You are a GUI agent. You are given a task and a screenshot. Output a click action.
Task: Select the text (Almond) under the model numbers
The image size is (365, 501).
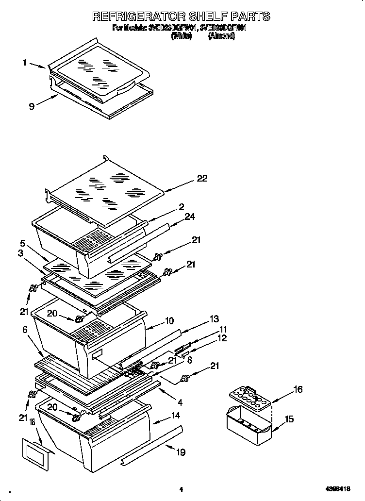221,36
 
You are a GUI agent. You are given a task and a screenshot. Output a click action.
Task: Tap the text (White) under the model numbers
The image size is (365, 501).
182,36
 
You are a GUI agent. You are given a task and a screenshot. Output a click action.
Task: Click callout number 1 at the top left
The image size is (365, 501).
25,62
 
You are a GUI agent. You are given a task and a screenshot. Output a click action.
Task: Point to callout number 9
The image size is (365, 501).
32,106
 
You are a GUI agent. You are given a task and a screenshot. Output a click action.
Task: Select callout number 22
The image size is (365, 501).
202,179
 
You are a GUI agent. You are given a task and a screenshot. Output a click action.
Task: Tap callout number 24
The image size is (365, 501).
190,217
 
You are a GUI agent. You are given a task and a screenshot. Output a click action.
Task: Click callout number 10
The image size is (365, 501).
169,321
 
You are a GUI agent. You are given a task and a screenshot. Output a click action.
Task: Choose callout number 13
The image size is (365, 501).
214,319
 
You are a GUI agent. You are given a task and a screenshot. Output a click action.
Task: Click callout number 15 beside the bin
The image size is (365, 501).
289,419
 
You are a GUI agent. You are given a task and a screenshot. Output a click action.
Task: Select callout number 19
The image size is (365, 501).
181,453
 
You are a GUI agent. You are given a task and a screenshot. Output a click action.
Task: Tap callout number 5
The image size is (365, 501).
22,243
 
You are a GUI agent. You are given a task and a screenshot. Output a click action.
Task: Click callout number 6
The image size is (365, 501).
25,329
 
